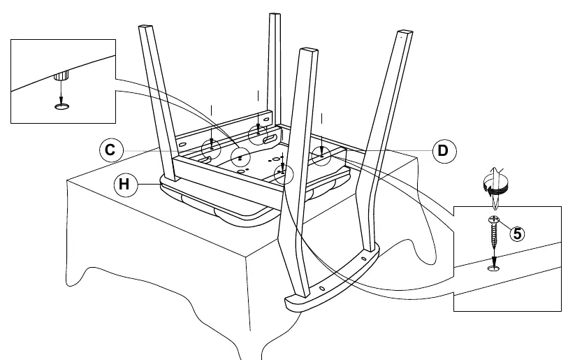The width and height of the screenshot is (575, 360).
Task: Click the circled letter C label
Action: [x=112, y=150]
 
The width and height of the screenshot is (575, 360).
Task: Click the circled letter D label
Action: [x=444, y=151]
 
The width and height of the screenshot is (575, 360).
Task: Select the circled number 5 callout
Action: [x=517, y=233]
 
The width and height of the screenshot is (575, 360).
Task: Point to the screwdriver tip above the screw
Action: [x=494, y=203]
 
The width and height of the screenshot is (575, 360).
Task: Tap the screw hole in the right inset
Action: [x=494, y=269]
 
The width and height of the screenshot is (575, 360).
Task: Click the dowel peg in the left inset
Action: [x=61, y=76]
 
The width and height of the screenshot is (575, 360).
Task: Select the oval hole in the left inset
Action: [x=61, y=106]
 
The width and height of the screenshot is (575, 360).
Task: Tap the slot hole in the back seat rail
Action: [x=272, y=139]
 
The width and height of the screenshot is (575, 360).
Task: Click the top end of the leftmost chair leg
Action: [x=145, y=27]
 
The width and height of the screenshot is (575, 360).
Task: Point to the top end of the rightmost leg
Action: [x=405, y=33]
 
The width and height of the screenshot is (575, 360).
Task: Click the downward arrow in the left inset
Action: [x=61, y=92]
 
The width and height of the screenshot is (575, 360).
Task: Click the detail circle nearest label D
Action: [x=321, y=157]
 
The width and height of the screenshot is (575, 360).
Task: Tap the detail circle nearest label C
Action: [x=211, y=149]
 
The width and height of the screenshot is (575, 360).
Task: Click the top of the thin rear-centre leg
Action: [x=275, y=15]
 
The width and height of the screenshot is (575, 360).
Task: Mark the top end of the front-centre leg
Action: [x=309, y=50]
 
